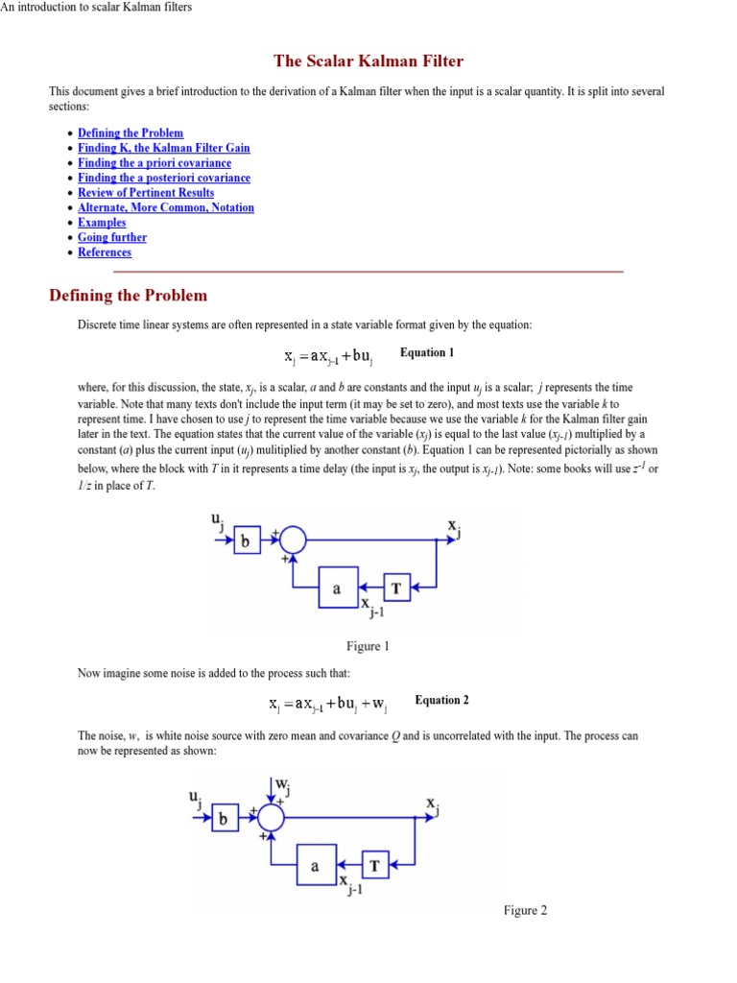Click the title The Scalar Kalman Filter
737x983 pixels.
coord(368,61)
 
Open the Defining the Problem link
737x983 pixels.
coord(131,133)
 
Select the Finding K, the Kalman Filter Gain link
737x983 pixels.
coord(164,148)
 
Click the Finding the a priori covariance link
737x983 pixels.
coord(155,163)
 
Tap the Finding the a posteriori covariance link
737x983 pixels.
coord(164,178)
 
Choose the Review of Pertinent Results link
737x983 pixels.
coord(146,193)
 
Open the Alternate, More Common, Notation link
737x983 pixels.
coord(166,207)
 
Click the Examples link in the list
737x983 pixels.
coord(102,223)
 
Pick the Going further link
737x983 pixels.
coord(112,237)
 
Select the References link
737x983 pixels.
coord(105,252)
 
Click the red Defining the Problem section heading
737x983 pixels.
coord(128,296)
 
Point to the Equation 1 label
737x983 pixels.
coord(427,353)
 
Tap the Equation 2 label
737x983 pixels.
coord(442,701)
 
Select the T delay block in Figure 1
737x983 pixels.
coord(396,587)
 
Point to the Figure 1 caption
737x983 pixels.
coord(368,646)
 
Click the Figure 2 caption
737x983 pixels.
coord(525,910)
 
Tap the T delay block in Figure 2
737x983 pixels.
coord(374,865)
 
